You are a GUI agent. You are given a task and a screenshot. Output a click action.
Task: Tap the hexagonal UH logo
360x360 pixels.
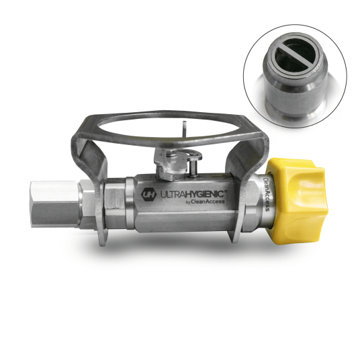(148, 195)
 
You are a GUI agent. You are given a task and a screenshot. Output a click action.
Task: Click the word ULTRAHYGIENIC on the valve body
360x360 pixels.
(192, 194)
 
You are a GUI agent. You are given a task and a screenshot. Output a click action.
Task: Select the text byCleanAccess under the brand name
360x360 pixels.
(205, 201)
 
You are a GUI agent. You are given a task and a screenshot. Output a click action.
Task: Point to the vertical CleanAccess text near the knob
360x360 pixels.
(267, 193)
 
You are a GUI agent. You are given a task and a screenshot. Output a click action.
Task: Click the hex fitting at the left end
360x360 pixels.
(55, 204)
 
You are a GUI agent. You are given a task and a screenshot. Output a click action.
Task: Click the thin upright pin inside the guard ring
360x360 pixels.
(184, 130)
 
